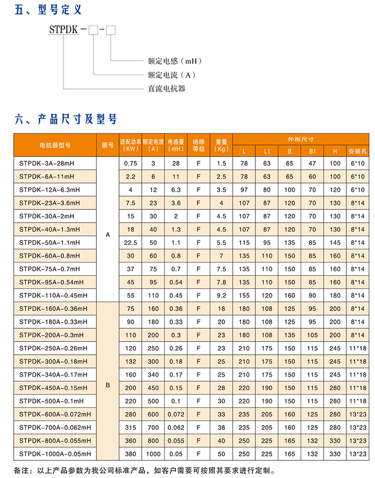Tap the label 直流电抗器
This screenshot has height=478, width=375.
click(166, 88)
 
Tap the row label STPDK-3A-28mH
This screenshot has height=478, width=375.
click(46, 164)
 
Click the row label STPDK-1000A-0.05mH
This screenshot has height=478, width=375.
click(53, 454)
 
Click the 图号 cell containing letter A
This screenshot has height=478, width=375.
click(108, 235)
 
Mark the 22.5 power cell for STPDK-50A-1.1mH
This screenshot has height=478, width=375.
click(131, 243)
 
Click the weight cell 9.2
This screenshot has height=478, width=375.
click(222, 295)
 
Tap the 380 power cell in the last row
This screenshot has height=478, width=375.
click(131, 454)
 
